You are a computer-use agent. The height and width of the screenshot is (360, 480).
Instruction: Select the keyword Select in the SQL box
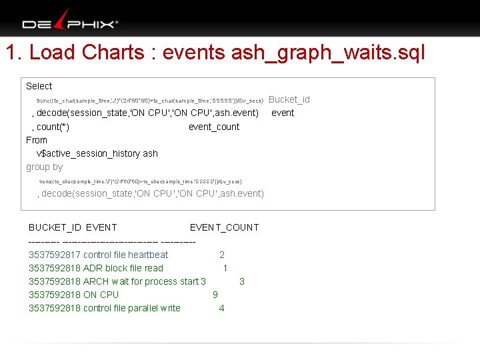pos(39,86)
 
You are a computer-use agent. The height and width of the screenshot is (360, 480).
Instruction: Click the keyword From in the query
pos(37,140)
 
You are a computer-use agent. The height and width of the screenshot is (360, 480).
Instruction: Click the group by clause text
pos(44,167)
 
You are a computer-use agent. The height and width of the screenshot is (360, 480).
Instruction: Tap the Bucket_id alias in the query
pos(289,99)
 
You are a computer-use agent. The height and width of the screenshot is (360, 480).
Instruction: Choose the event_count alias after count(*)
pos(214,127)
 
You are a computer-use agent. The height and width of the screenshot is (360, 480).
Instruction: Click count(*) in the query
pos(53,127)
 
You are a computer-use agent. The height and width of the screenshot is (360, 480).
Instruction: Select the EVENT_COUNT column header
pos(224,227)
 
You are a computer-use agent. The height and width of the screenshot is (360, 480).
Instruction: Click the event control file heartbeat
pos(126,255)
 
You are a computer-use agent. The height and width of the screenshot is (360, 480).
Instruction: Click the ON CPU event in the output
pos(101,295)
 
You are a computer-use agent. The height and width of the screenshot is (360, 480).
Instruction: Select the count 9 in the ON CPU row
pos(215,295)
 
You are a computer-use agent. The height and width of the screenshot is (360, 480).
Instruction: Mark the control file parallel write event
pos(132,308)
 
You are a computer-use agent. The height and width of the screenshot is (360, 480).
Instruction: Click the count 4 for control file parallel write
pos(221,308)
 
